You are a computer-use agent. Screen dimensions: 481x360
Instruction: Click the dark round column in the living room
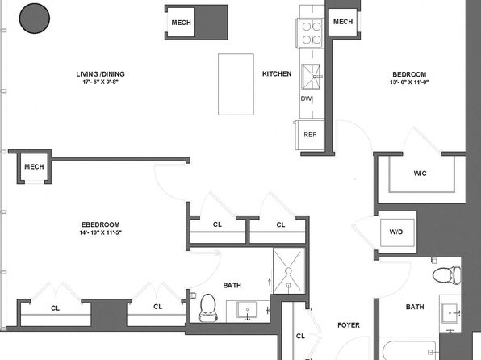tap(35, 18)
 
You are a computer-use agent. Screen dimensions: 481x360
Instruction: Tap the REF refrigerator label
tap(310, 135)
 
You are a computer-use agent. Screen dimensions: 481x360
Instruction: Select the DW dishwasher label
tap(306, 98)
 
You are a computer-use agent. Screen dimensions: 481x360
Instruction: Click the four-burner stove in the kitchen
tap(310, 33)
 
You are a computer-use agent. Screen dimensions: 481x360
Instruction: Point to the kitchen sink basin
tap(311, 77)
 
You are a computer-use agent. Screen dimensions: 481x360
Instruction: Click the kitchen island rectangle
tap(236, 85)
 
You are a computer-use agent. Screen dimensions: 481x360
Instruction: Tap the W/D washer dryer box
tap(397, 232)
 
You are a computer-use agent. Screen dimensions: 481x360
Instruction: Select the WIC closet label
tap(420, 174)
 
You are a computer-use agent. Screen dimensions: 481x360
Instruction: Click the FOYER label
tap(349, 325)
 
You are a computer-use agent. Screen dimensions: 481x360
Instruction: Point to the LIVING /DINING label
tap(100, 74)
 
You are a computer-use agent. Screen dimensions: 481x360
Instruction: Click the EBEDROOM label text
tap(101, 224)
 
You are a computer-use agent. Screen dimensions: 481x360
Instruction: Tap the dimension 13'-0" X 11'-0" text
tap(409, 82)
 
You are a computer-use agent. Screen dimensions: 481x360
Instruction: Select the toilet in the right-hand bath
tap(447, 274)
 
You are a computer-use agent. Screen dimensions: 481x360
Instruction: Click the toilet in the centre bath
tap(207, 308)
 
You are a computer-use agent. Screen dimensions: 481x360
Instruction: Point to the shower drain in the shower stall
tap(288, 270)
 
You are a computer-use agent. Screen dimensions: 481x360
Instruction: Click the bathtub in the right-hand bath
tap(409, 349)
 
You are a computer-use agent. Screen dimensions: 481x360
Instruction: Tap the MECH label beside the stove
tap(343, 22)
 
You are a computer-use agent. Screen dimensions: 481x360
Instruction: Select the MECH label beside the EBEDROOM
tap(34, 166)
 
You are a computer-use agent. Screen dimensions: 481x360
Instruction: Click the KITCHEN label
tap(277, 74)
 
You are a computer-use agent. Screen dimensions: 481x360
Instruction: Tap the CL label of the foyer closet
tap(300, 336)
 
